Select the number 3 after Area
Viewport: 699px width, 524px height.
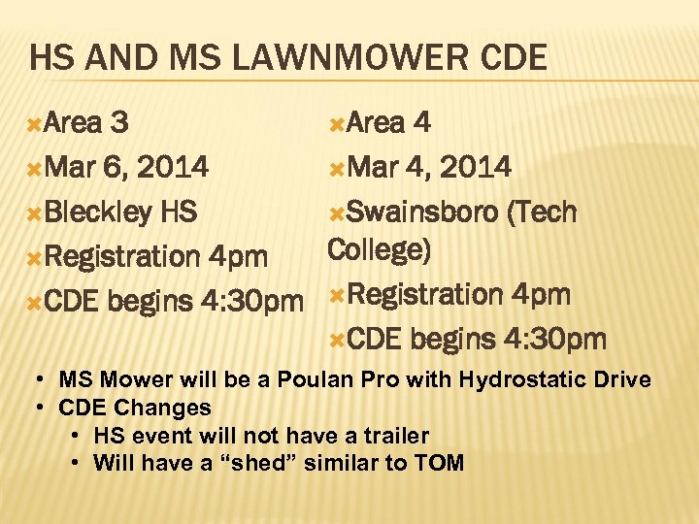tap(120, 123)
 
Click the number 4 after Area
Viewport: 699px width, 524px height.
tap(422, 123)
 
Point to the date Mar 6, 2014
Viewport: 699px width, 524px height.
tap(126, 168)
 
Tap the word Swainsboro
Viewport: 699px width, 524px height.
tap(422, 212)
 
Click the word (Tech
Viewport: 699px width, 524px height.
tap(541, 212)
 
